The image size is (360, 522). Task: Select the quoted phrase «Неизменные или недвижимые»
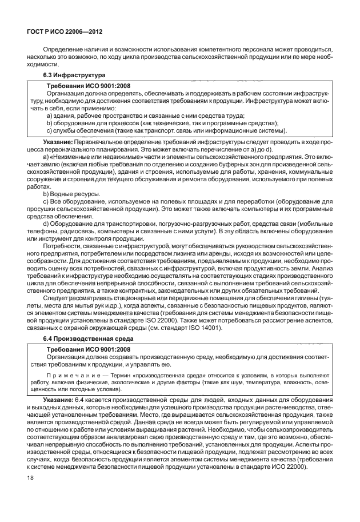coord(87,157)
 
